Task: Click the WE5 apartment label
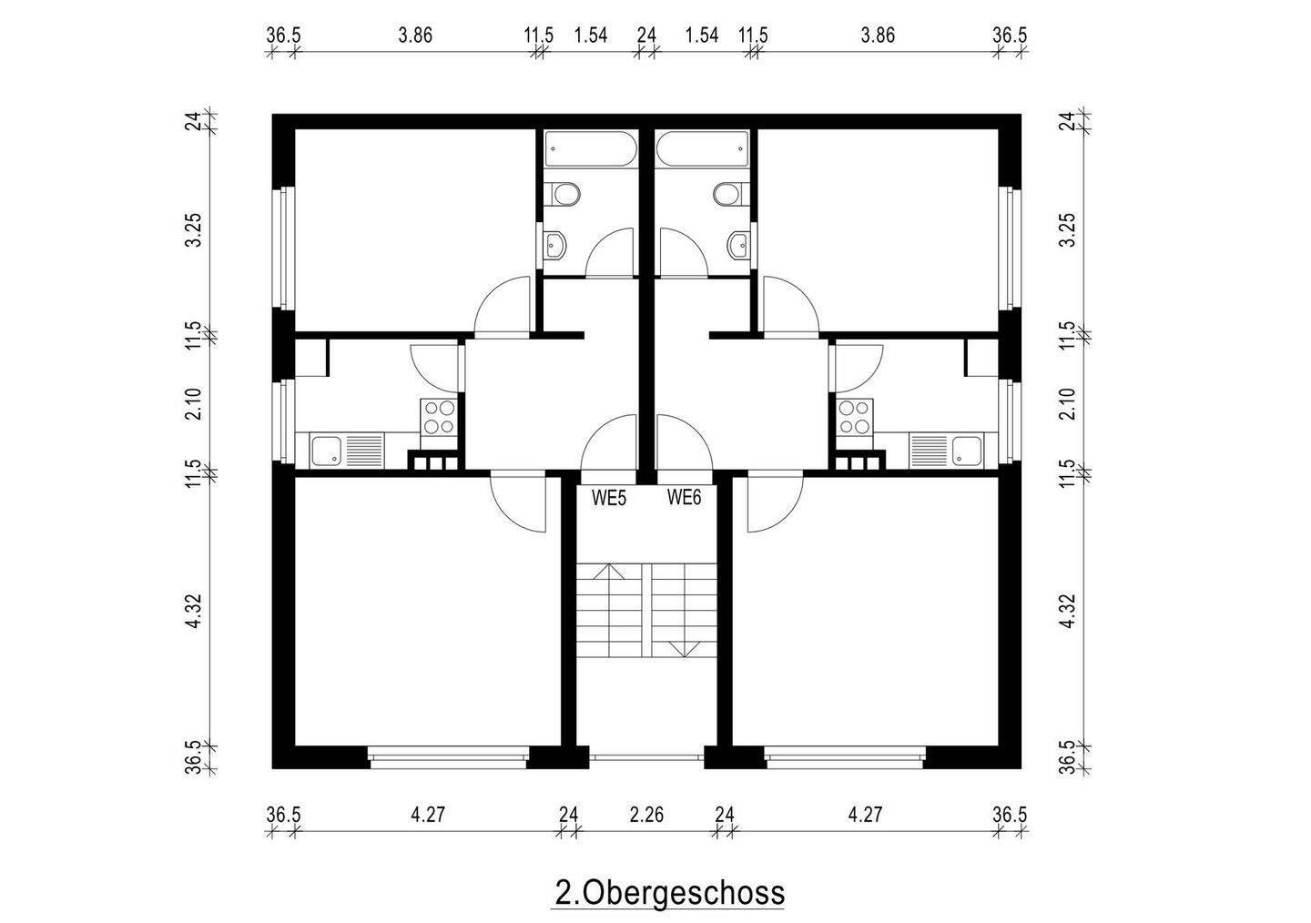[x=608, y=497]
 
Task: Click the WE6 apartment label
[x=684, y=497]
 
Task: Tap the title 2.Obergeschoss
[x=669, y=892]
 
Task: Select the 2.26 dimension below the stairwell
[x=646, y=814]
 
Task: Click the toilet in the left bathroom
[x=564, y=194]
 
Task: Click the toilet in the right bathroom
[x=728, y=194]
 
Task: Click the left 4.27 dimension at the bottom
[x=427, y=814]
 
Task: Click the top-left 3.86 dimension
[x=415, y=35]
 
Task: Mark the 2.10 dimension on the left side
[x=193, y=404]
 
